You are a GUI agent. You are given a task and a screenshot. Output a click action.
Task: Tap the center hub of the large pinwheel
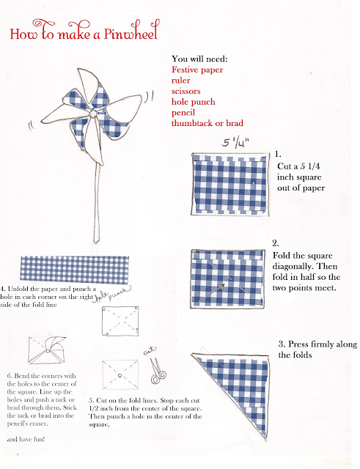point(93,114)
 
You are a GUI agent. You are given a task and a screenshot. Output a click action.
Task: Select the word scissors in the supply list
point(185,91)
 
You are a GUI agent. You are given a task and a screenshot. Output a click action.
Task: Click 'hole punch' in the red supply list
point(194,102)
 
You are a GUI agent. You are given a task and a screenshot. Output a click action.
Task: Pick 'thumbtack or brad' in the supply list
point(207,123)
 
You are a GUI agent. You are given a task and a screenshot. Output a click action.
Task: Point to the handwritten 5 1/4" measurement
point(235,143)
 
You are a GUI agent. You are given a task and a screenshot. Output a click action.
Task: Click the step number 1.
point(278,155)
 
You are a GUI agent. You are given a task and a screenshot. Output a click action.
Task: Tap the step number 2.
point(275,243)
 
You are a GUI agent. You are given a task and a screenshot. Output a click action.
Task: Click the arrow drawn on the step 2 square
point(211,293)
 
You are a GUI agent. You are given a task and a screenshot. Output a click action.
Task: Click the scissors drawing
point(158,372)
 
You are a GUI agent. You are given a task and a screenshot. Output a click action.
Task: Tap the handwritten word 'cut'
point(150,351)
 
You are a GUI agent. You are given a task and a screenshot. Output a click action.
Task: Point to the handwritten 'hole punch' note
point(111,295)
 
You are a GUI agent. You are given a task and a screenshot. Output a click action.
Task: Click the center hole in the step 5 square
point(120,375)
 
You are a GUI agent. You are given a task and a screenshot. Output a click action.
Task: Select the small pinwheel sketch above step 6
point(47,350)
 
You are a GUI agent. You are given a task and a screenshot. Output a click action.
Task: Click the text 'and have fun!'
point(26,440)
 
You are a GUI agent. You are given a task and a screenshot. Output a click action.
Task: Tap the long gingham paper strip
point(75,270)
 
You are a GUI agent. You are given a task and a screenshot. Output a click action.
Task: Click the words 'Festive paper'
point(197,70)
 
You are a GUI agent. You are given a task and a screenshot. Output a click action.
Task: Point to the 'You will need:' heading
point(199,59)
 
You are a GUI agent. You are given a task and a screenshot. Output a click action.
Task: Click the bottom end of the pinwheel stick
point(96,242)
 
